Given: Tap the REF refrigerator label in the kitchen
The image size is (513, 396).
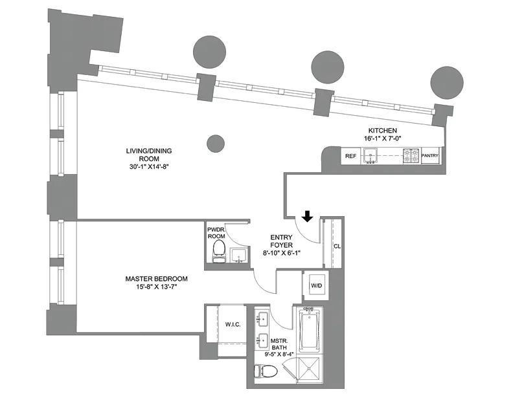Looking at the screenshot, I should tap(350, 156).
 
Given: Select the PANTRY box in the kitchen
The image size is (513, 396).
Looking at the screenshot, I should tap(431, 156).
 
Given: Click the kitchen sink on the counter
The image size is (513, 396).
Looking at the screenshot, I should tap(372, 155).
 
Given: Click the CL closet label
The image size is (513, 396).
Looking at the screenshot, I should tap(337, 247).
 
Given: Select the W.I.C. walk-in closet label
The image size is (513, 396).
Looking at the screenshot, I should tap(233, 324).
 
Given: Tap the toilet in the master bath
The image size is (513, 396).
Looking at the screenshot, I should tap(267, 371).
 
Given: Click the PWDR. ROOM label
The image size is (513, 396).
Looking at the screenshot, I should tap(216, 233).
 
